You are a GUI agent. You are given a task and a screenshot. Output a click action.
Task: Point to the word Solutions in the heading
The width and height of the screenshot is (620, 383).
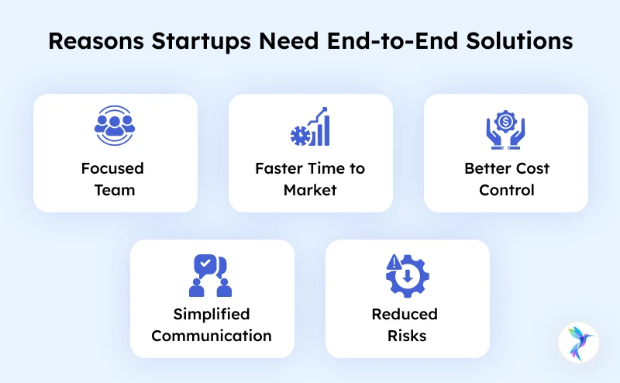click(522, 41)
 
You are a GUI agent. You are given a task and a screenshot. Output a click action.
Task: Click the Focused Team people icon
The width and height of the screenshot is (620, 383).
click(115, 127)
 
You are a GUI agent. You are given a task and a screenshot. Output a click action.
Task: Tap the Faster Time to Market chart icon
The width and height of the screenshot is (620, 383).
click(310, 127)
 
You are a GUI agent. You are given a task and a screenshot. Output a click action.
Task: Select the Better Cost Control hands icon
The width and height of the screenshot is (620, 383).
click(505, 127)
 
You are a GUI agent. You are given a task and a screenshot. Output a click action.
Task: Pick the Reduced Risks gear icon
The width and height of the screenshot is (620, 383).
click(406, 274)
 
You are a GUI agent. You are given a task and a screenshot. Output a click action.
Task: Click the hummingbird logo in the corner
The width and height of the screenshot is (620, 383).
click(580, 343)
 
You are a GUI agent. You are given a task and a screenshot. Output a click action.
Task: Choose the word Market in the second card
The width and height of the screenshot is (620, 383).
click(310, 190)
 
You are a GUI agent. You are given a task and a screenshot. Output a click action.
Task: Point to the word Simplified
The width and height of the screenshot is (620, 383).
click(212, 314)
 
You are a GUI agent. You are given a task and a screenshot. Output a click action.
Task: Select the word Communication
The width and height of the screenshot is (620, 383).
click(212, 336)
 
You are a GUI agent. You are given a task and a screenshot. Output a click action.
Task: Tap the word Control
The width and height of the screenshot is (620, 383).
click(507, 190)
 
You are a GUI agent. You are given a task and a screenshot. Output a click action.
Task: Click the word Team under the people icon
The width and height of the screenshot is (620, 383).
click(115, 190)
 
